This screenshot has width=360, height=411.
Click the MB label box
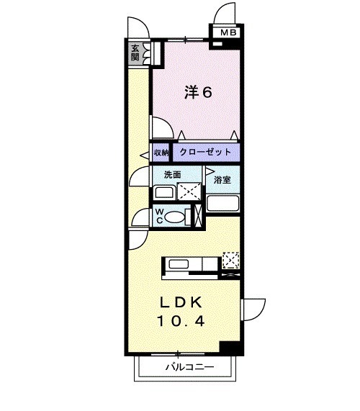click(227, 32)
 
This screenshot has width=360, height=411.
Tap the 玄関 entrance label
click(135, 53)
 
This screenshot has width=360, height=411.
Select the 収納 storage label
click(161, 153)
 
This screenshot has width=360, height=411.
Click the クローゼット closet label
click(205, 153)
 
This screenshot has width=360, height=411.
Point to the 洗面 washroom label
click(171, 175)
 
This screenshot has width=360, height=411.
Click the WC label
click(161, 215)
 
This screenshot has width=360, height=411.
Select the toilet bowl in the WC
click(180, 216)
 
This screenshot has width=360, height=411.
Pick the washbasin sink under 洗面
click(164, 193)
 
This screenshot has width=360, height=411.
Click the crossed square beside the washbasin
click(189, 191)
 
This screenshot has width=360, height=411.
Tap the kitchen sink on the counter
click(178, 265)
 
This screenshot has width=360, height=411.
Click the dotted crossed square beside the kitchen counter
click(231, 260)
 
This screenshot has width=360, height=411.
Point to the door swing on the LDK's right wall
click(252, 311)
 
